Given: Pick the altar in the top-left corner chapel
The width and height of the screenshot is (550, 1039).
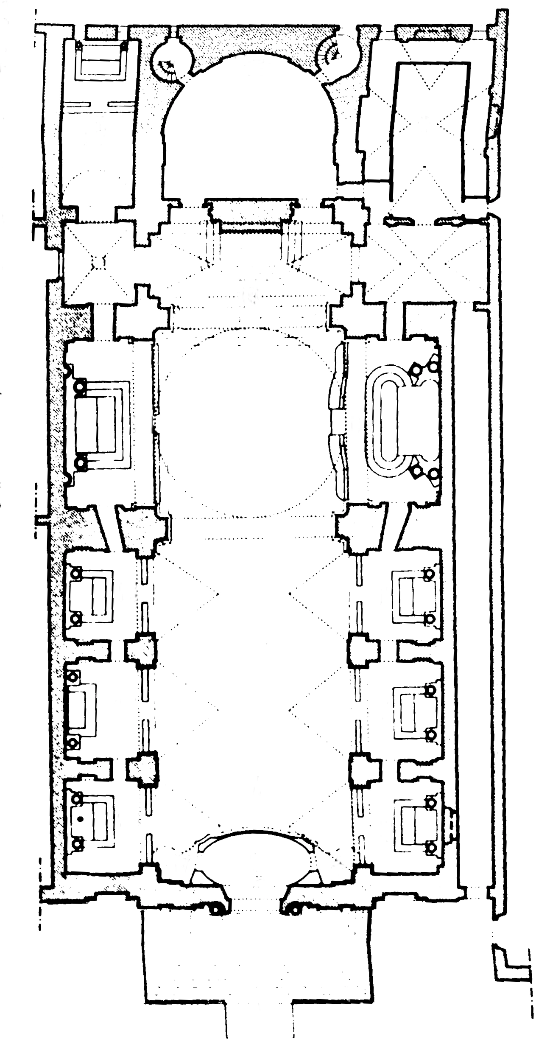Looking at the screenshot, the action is point(101,62).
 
